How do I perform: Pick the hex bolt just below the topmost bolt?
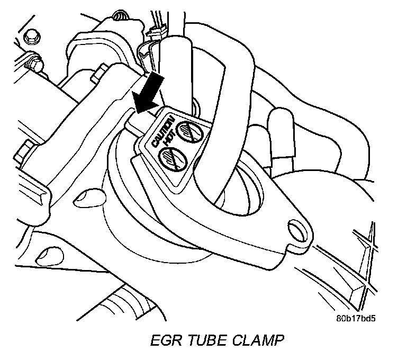(35, 63)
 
